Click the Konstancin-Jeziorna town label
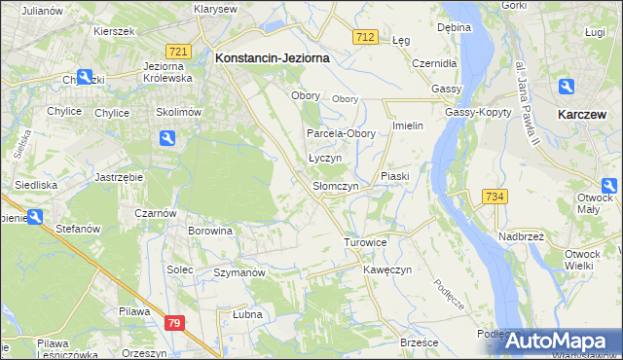click(x=272, y=58)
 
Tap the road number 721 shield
click(x=177, y=51)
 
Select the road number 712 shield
click(x=365, y=36)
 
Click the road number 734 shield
click(x=495, y=197)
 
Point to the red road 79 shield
click(x=174, y=323)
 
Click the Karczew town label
click(x=585, y=114)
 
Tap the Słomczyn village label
click(x=336, y=186)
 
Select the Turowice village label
click(x=366, y=241)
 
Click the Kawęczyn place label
click(x=388, y=269)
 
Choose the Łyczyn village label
click(x=324, y=158)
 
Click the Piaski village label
click(x=396, y=176)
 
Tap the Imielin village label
click(x=406, y=126)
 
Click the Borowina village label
click(x=211, y=232)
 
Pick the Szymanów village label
click(x=239, y=273)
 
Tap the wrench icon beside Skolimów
click(x=166, y=139)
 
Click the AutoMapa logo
click(x=559, y=341)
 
